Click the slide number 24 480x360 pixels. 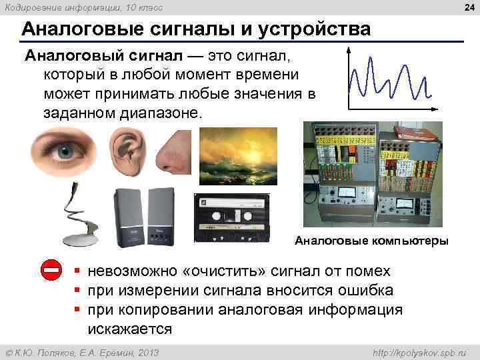468,8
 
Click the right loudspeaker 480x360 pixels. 161,217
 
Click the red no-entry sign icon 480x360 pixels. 51,271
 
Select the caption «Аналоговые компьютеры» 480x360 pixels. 371,241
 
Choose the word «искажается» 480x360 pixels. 130,329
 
